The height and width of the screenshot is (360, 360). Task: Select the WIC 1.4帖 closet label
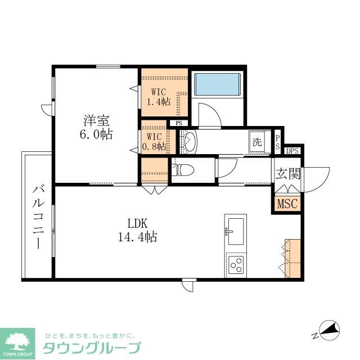click(x=158, y=96)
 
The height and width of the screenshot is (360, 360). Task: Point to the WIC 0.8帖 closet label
click(x=154, y=142)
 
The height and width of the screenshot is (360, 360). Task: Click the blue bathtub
click(x=217, y=84)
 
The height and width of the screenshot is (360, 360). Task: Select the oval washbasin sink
click(x=188, y=142)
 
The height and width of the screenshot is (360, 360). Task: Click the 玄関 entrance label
click(x=288, y=173)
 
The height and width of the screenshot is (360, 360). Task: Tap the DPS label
click(x=292, y=150)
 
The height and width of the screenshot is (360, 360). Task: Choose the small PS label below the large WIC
click(x=179, y=123)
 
